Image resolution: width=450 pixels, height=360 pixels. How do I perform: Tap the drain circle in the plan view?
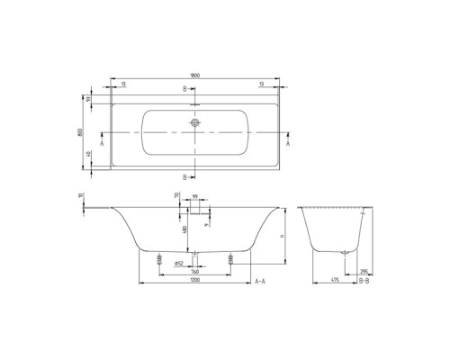tap(194, 124)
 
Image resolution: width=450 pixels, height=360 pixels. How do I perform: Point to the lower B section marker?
tap(185, 176)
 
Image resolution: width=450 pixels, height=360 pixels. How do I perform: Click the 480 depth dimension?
tap(184, 229)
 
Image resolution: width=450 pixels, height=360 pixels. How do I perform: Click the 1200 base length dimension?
tap(195, 282)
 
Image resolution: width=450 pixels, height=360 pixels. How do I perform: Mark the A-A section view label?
tap(260, 282)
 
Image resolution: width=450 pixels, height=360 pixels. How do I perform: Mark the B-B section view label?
tap(364, 282)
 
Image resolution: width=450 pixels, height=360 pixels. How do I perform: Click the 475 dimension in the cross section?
tap(333, 282)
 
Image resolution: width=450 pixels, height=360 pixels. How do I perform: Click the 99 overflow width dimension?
tap(194, 194)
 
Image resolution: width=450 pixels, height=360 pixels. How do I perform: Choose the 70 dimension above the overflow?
tap(177, 194)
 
